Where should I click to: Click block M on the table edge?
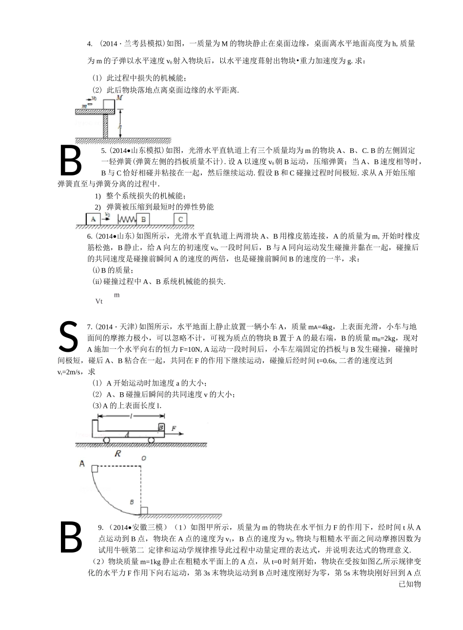point(109,104)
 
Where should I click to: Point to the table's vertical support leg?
point(106,126)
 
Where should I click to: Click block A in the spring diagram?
point(93,219)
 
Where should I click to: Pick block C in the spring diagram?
point(180,219)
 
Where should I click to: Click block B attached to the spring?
point(143,219)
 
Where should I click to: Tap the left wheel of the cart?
point(106,440)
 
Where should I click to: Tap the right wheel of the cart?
point(152,440)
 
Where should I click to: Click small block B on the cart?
point(161,427)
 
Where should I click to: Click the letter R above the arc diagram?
point(117,454)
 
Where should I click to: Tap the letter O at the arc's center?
point(143,458)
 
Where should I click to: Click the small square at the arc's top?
point(95,468)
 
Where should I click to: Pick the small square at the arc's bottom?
point(144,510)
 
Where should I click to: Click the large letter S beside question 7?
point(69,336)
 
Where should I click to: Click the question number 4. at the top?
point(90,44)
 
